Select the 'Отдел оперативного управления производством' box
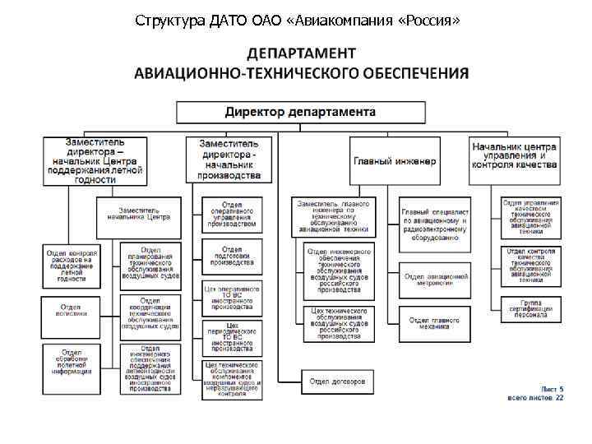[232, 214]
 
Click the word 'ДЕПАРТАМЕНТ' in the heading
[302, 53]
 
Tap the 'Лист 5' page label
[551, 387]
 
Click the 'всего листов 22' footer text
[534, 397]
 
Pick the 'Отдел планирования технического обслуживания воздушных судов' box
[150, 264]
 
